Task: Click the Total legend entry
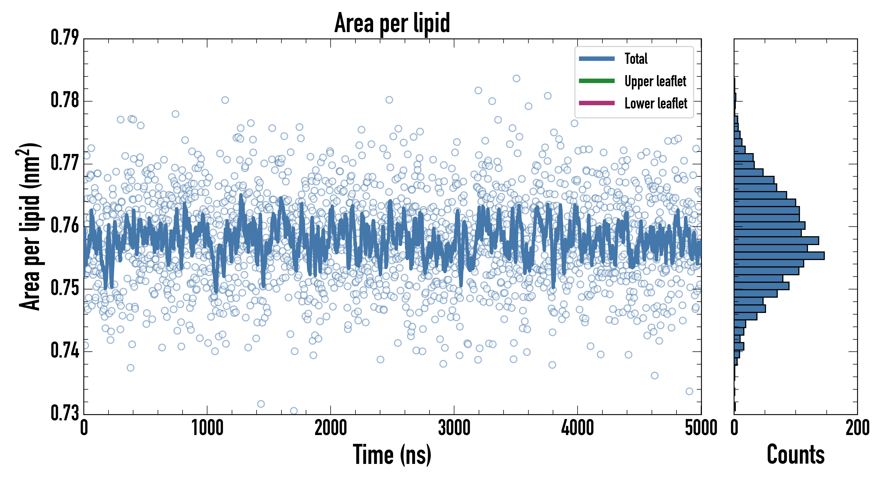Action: [x=636, y=59]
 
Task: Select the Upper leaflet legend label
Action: [x=655, y=81]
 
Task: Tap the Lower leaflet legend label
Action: [x=656, y=103]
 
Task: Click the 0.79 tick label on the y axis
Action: [x=65, y=38]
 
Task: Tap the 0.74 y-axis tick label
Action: [x=65, y=351]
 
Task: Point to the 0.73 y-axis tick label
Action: [x=65, y=413]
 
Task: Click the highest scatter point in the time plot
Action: [x=516, y=78]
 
